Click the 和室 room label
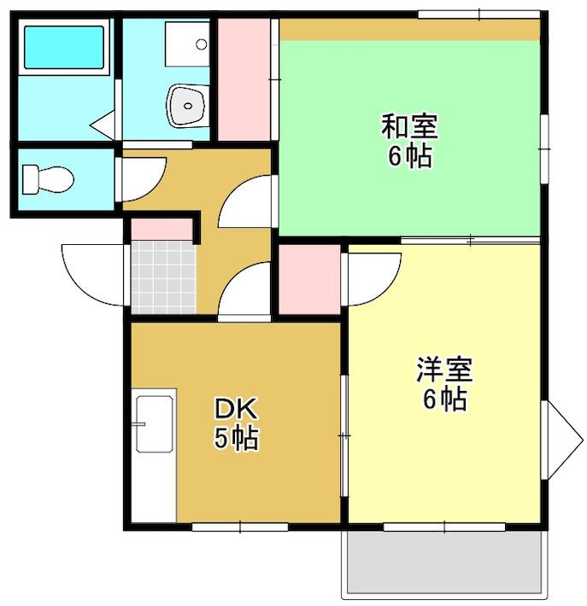point(409,128)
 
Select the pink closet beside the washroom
point(244,79)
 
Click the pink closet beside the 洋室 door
point(309,279)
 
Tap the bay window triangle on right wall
point(563,441)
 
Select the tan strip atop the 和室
point(410,30)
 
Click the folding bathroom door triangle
point(105,125)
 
